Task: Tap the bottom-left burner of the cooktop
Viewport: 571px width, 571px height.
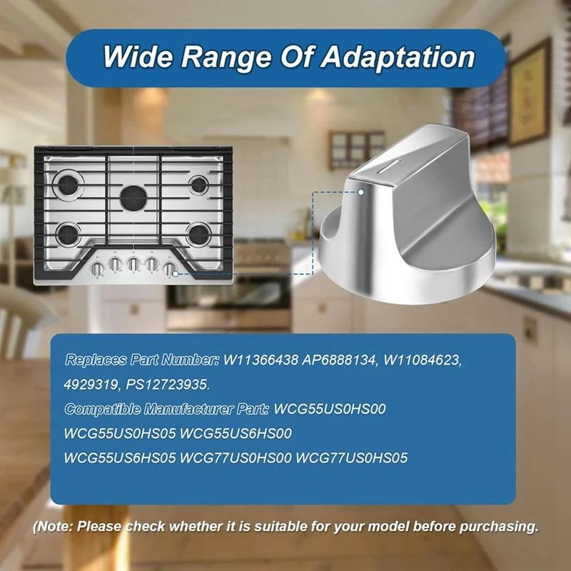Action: pyautogui.click(x=69, y=232)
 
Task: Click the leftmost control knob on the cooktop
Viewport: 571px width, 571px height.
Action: pyautogui.click(x=96, y=268)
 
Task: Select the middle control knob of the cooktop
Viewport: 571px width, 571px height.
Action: pyautogui.click(x=133, y=265)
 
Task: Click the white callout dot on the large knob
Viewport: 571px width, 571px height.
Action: pyautogui.click(x=361, y=191)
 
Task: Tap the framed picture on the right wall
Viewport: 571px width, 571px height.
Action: pyautogui.click(x=529, y=93)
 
